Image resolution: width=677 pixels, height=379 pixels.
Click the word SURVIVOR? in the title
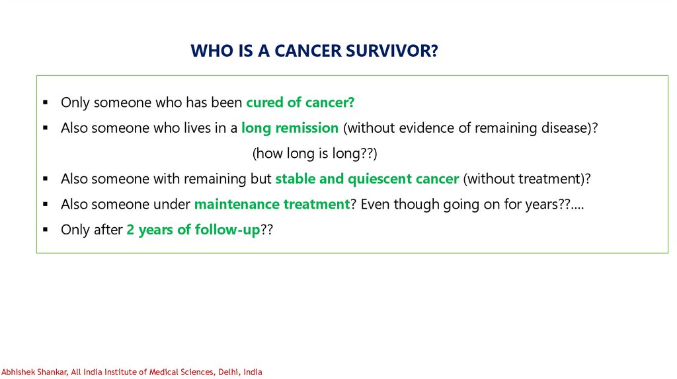point(391,51)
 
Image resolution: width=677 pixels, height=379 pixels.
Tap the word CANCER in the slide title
point(308,51)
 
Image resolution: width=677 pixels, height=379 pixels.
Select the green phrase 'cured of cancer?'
point(300,102)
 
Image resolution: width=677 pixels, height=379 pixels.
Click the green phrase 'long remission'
point(290,128)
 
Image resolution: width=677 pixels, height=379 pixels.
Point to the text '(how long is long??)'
point(315,153)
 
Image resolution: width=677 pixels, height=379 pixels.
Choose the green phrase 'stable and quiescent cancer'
point(367,178)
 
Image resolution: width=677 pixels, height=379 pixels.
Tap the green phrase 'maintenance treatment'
point(272,204)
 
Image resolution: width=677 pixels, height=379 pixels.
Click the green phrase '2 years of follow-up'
point(194,229)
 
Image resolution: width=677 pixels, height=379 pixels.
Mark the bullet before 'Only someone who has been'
point(46,102)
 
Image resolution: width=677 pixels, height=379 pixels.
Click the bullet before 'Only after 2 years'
point(46,230)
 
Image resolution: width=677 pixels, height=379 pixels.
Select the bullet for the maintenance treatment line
point(46,205)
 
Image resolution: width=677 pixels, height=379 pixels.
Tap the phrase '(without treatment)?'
point(527,178)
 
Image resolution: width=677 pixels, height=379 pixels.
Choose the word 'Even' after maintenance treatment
point(376,204)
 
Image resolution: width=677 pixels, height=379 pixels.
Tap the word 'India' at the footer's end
point(253,372)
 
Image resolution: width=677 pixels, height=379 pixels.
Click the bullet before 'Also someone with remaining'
point(46,179)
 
